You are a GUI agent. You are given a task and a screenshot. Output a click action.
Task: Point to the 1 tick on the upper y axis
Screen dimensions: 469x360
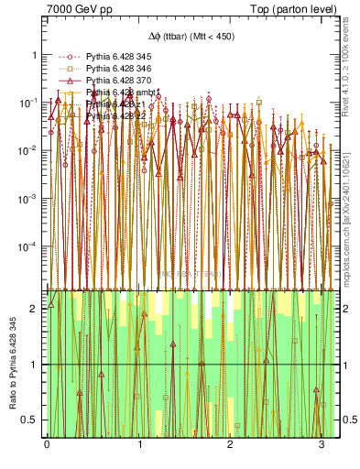(x=34, y=54)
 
